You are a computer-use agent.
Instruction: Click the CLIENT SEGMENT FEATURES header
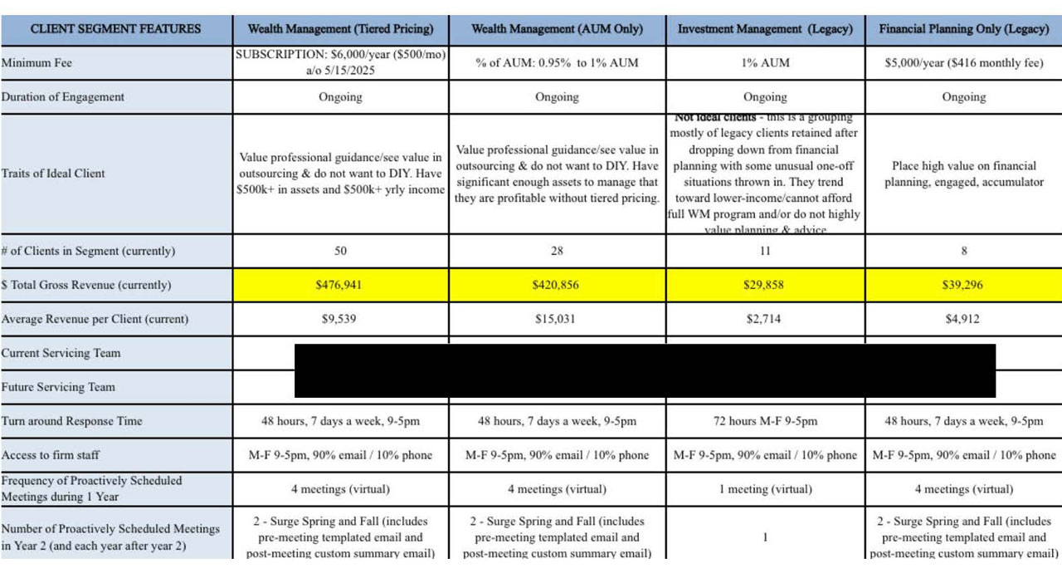coord(115,29)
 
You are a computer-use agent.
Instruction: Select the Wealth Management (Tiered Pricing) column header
coord(340,29)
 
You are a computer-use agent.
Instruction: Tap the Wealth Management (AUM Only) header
coord(557,29)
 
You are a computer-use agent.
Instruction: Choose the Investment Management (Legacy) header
coord(765,29)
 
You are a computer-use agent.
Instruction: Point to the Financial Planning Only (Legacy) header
coord(963,29)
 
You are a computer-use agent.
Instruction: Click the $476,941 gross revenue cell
coord(340,285)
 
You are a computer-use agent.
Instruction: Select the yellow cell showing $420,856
coord(557,285)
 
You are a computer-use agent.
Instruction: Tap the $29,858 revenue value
coord(765,285)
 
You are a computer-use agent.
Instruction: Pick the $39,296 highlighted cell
coord(963,285)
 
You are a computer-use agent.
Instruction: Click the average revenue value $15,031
coord(557,319)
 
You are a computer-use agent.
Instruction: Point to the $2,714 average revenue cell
coord(765,319)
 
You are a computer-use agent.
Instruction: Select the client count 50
coord(340,251)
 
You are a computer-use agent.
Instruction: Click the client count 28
coord(557,251)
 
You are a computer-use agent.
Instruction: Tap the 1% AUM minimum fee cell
coord(765,63)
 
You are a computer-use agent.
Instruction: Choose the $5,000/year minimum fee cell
coord(963,63)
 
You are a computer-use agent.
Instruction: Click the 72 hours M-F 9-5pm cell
coord(765,421)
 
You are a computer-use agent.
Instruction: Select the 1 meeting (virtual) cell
coord(765,489)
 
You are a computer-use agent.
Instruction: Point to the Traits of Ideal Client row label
coord(53,174)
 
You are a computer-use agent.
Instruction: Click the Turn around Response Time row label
coord(72,421)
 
